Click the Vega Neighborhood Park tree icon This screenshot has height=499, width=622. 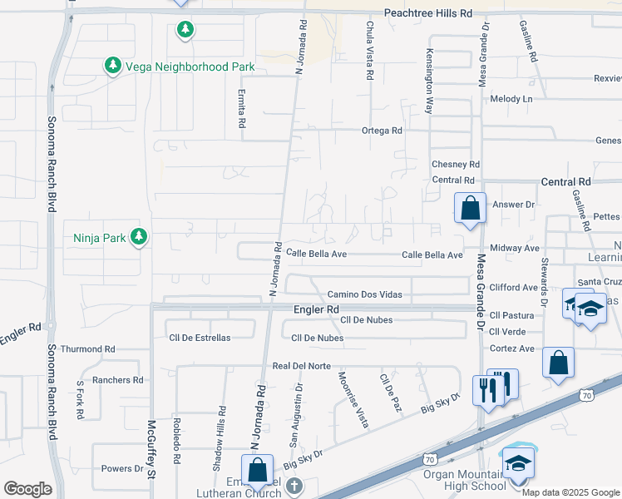112,65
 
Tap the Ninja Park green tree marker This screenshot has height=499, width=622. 138,238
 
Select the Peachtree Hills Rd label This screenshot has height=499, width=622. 427,14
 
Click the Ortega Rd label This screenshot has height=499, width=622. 382,131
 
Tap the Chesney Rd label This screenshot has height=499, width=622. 456,165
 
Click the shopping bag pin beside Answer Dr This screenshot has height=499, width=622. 470,208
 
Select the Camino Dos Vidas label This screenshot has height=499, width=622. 364,294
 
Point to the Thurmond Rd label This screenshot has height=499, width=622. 87,349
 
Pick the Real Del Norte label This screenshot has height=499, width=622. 301,366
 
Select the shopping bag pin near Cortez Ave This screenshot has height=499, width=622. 558,363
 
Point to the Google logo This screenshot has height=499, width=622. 27,489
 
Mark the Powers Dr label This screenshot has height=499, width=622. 122,468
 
